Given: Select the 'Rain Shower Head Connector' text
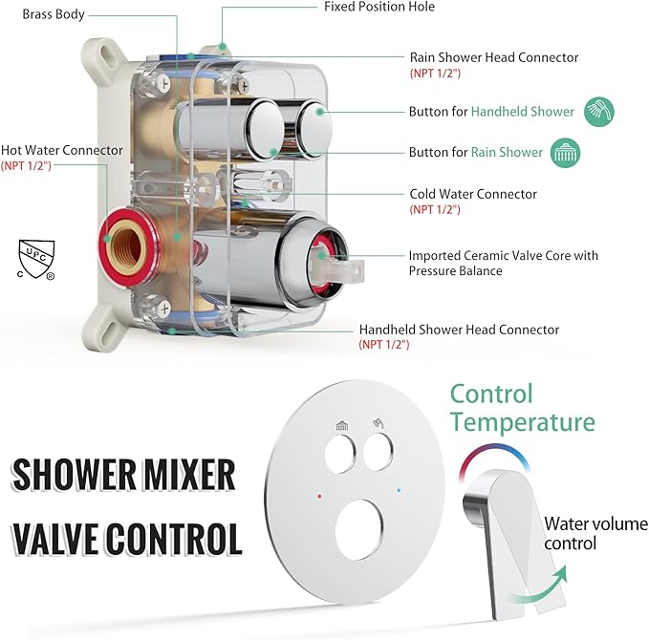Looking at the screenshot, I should coord(493,57).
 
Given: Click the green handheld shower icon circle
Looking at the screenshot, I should coord(599,112).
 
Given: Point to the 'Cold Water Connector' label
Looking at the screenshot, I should coord(473,194).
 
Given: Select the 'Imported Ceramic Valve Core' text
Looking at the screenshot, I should coord(503,255).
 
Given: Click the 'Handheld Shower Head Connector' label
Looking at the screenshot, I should coord(459,330).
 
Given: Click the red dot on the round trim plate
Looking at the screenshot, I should coord(318,497).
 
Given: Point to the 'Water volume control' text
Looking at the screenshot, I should coord(583,533).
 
